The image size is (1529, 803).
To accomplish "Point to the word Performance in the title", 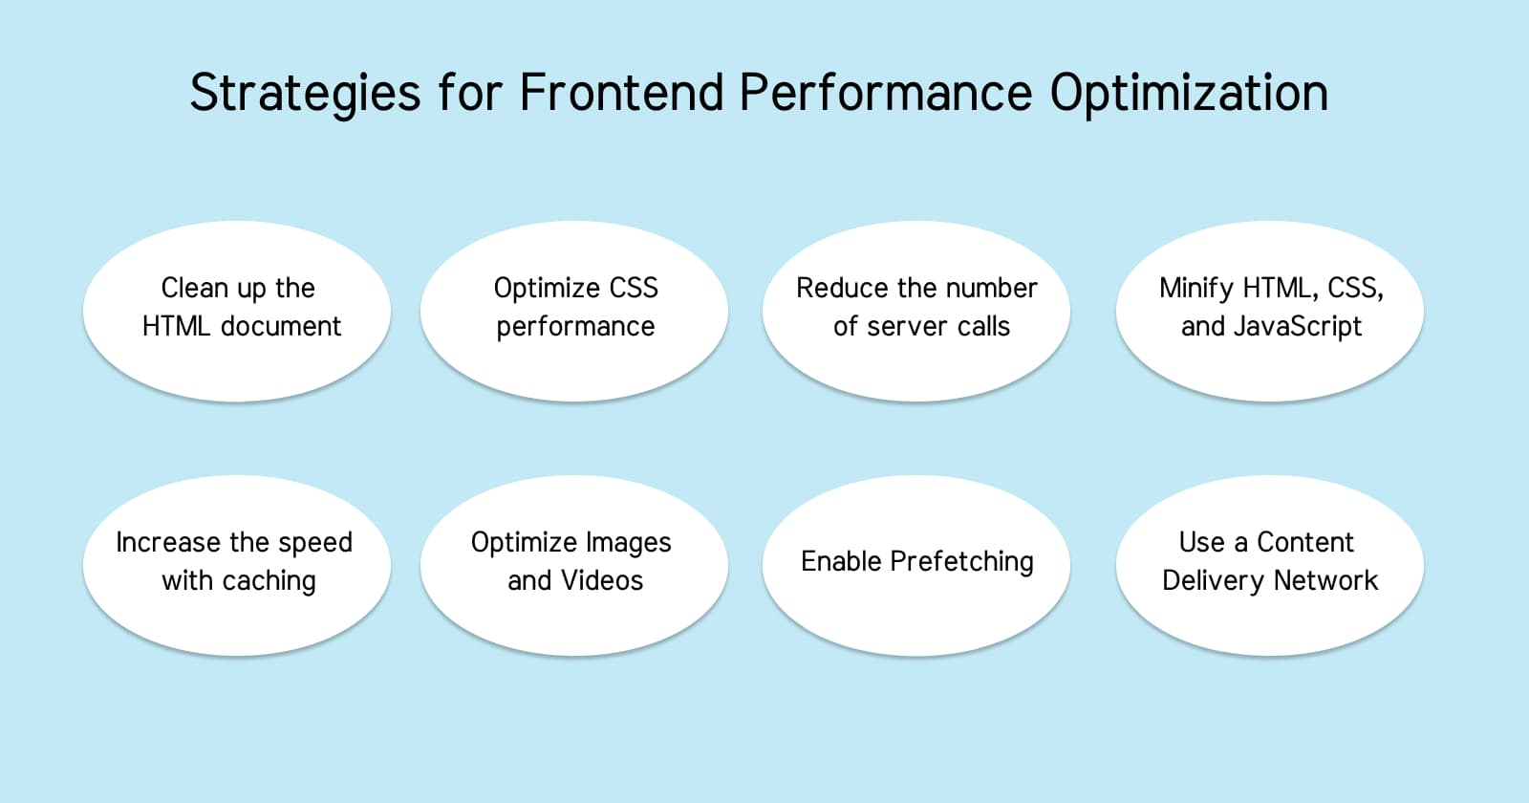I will point(885,93).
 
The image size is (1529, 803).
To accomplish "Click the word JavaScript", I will point(1298,327).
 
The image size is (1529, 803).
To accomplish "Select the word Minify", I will point(1195,288).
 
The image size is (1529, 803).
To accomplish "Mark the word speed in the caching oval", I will point(315,543).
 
